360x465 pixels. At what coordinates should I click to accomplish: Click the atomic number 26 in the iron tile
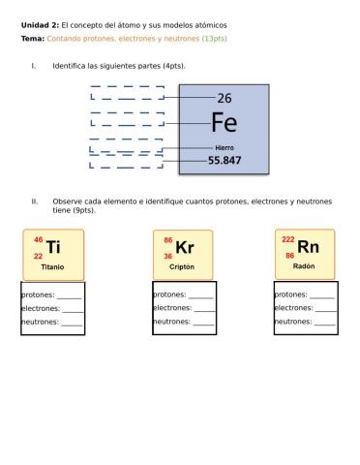[x=225, y=98]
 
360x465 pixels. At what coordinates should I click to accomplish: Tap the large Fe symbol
[x=225, y=122]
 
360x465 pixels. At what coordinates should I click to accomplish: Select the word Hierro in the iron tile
[x=225, y=147]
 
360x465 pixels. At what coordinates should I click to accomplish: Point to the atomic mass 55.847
[x=225, y=160]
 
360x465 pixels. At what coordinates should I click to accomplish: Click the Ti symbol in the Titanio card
[x=54, y=247]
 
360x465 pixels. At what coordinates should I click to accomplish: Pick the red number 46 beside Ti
[x=38, y=239]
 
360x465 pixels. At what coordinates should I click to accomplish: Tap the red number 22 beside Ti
[x=38, y=256]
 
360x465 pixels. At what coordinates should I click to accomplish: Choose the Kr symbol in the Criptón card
[x=185, y=248]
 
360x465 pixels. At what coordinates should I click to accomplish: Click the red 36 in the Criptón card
[x=167, y=257]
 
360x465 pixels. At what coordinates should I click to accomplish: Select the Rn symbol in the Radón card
[x=309, y=246]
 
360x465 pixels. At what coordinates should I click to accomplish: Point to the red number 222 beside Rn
[x=288, y=239]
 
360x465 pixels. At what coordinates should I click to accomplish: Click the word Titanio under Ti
[x=52, y=266]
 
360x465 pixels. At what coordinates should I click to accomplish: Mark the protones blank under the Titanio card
[x=70, y=295]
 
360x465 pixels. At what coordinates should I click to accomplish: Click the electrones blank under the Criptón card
[x=202, y=308]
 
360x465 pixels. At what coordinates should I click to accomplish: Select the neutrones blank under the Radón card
[x=324, y=322]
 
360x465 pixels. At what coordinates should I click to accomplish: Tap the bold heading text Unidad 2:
[x=40, y=24]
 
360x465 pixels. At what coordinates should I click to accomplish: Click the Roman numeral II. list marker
[x=34, y=201]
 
